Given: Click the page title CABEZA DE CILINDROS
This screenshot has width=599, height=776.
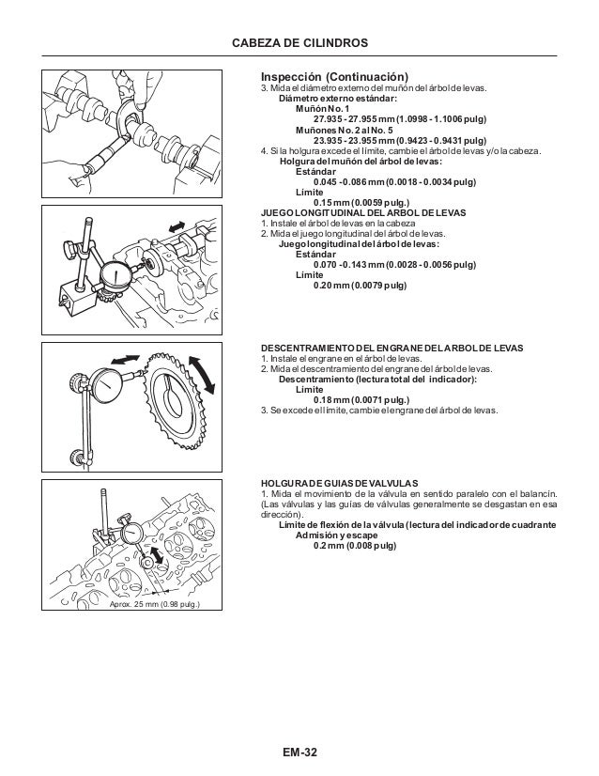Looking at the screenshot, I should click(299, 43).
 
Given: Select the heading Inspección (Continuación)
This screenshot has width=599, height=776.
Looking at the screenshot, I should click(334, 76).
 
